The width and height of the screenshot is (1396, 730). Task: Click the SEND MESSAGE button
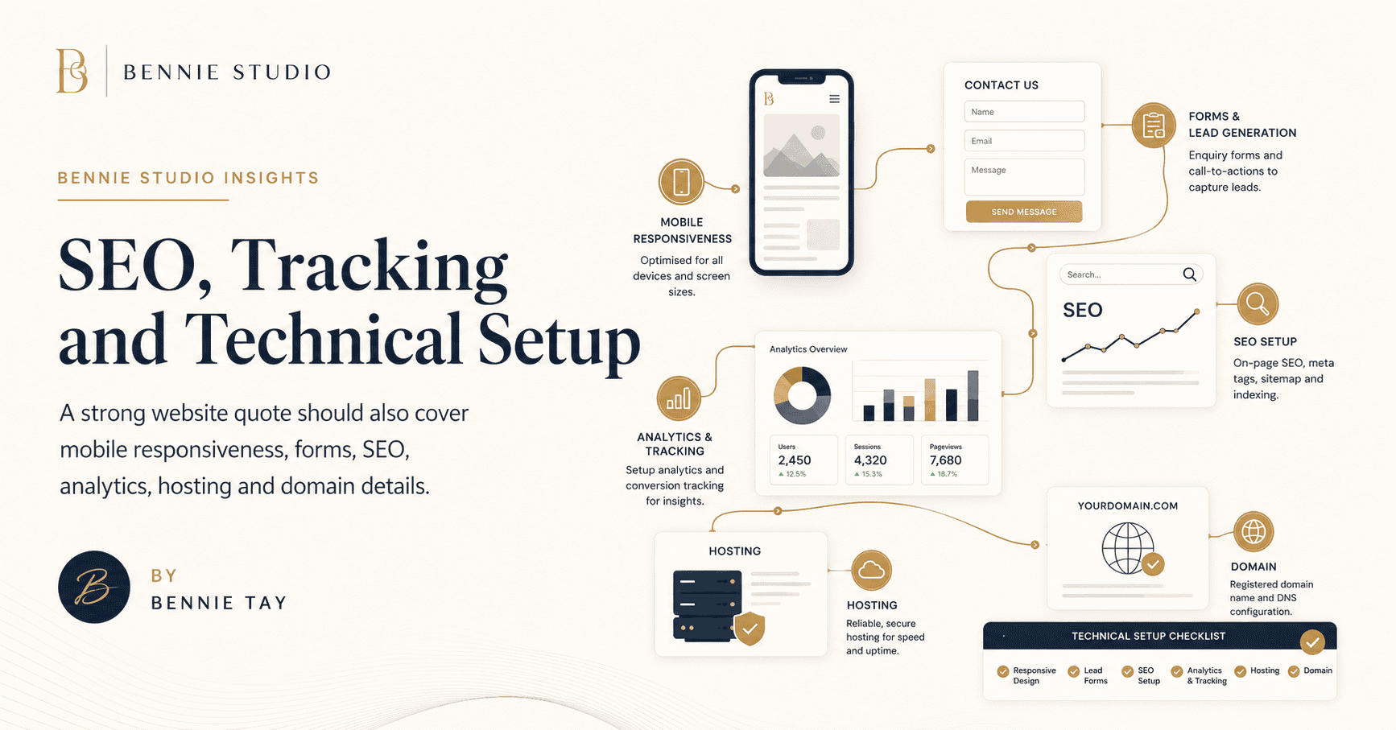click(1024, 212)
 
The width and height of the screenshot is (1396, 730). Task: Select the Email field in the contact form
click(1024, 141)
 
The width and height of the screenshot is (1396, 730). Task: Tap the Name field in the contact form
click(1024, 112)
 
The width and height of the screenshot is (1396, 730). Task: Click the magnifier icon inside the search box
click(1189, 274)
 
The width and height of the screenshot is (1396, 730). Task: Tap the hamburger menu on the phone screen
click(834, 99)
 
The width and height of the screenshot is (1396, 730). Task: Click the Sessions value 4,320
click(870, 460)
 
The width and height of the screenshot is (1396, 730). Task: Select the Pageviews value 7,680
click(946, 460)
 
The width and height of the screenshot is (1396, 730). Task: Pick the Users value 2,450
click(795, 460)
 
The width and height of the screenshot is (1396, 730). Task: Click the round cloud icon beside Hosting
click(871, 571)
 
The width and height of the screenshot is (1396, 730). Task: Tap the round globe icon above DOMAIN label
click(1254, 532)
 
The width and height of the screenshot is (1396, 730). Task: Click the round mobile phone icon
click(681, 182)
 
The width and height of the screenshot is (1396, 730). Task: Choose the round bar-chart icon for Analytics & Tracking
click(679, 398)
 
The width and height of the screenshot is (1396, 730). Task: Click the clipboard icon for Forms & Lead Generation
click(1154, 126)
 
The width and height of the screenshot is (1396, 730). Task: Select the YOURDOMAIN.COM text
click(1128, 506)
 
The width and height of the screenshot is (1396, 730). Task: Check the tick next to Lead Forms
click(1073, 671)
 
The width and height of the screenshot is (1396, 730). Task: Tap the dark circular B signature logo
click(94, 588)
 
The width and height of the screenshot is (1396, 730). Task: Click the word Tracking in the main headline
click(370, 266)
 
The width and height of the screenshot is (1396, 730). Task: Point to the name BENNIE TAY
click(219, 603)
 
